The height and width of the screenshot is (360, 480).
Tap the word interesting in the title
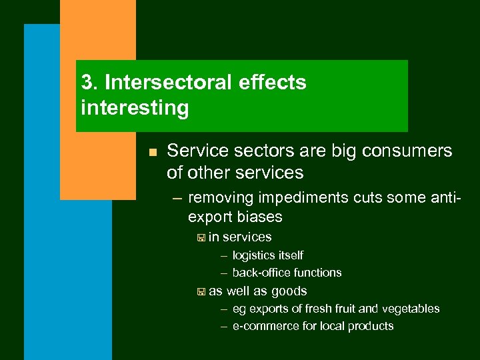[135, 107]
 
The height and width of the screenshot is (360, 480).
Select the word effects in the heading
[273, 83]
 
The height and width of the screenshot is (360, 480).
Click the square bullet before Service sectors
[152, 153]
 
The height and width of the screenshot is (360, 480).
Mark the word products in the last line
[370, 326]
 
